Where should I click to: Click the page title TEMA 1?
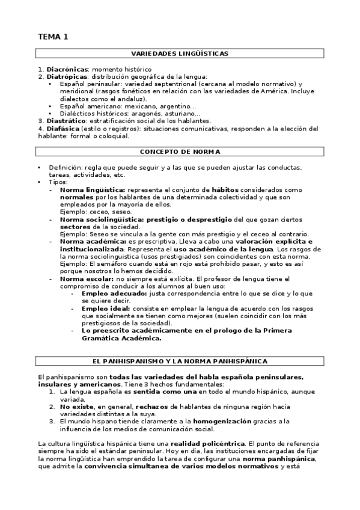click(53, 37)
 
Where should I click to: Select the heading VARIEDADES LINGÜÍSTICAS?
click(180, 54)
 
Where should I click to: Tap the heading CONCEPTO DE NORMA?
click(180, 152)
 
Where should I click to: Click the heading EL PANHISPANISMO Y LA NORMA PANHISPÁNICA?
click(180, 361)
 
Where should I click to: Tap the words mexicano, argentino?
click(162, 106)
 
